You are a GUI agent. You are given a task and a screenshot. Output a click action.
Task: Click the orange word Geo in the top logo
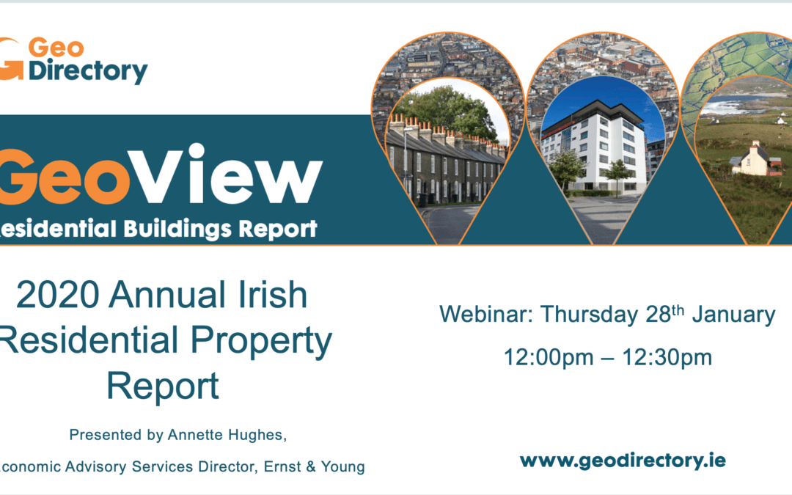pyautogui.click(x=56, y=48)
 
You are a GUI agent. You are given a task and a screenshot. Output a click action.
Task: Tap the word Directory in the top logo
pyautogui.click(x=88, y=71)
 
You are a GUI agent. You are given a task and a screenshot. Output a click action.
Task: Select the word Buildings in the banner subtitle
pyautogui.click(x=177, y=229)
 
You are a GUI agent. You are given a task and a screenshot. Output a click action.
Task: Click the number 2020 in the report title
pyautogui.click(x=58, y=295)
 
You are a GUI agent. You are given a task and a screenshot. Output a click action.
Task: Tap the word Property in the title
pyautogui.click(x=261, y=342)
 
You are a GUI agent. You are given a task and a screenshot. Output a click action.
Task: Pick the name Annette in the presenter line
pyautogui.click(x=196, y=435)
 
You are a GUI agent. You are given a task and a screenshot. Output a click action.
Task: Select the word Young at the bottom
pyautogui.click(x=343, y=467)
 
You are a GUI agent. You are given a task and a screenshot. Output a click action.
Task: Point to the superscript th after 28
pyautogui.click(x=678, y=309)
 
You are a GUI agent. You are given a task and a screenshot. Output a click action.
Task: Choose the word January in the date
pyautogui.click(x=733, y=315)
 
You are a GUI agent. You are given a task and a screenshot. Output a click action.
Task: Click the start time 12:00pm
pyautogui.click(x=549, y=358)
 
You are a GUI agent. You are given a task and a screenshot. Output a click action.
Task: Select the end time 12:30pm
pyautogui.click(x=667, y=358)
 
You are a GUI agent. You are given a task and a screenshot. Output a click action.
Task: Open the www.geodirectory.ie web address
pyautogui.click(x=623, y=461)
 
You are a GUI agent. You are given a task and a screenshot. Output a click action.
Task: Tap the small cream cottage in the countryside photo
pyautogui.click(x=752, y=160)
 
